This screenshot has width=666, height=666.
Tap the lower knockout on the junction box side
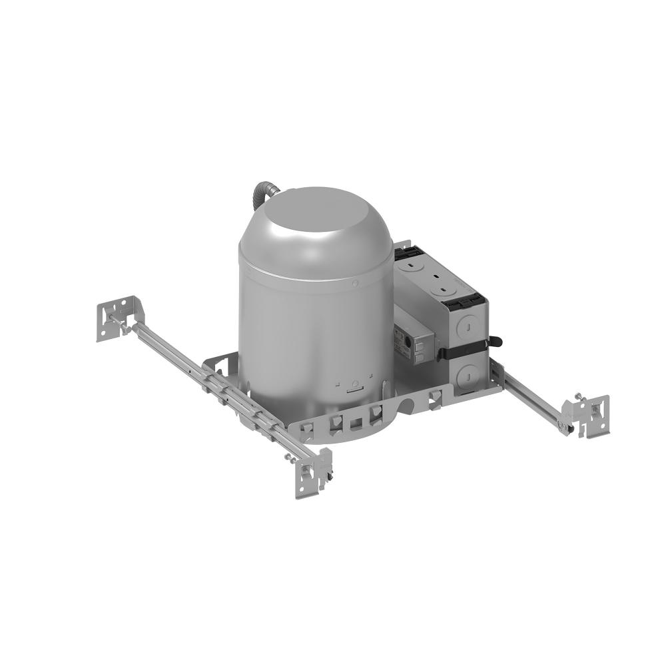click(x=468, y=372)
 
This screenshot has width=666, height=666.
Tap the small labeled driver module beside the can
click(x=416, y=344)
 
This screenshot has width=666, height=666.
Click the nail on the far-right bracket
click(x=578, y=397)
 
